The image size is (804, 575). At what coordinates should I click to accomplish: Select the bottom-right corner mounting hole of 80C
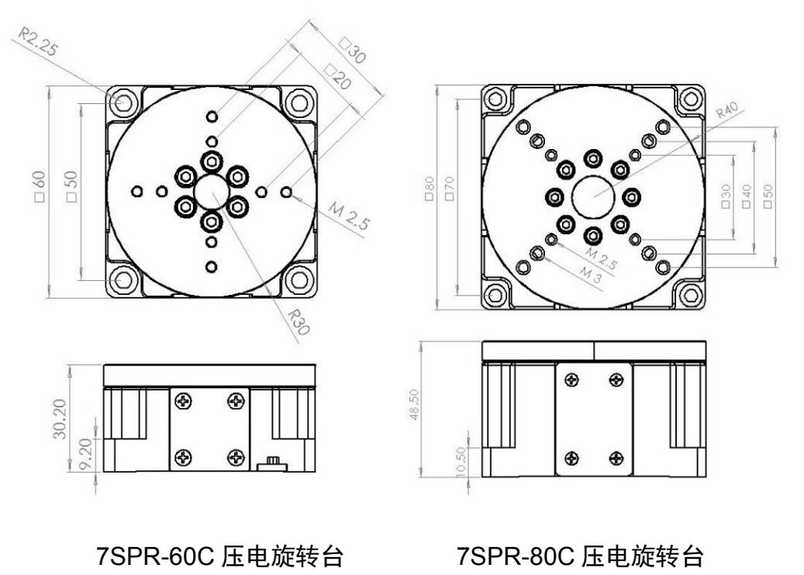click(690, 294)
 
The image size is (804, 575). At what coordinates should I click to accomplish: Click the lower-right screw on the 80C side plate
click(617, 456)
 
